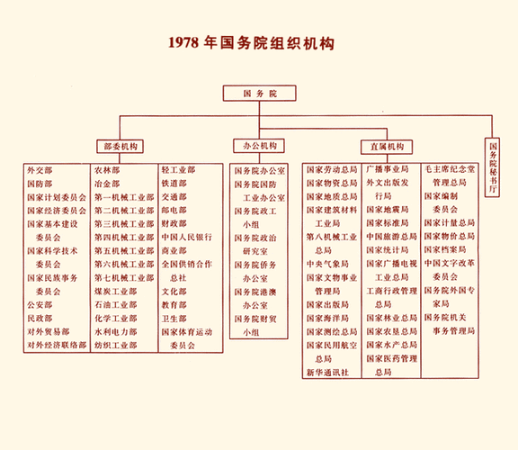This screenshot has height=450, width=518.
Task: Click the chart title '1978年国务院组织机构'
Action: [x=259, y=42]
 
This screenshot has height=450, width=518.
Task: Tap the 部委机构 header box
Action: [x=117, y=146]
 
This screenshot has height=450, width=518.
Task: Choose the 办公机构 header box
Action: [x=258, y=146]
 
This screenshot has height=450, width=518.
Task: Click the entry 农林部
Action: [x=107, y=170]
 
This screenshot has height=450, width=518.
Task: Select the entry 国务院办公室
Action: [x=260, y=170]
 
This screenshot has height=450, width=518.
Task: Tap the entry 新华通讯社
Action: [x=325, y=372]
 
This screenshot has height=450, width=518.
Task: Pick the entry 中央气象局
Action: [x=325, y=265]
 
